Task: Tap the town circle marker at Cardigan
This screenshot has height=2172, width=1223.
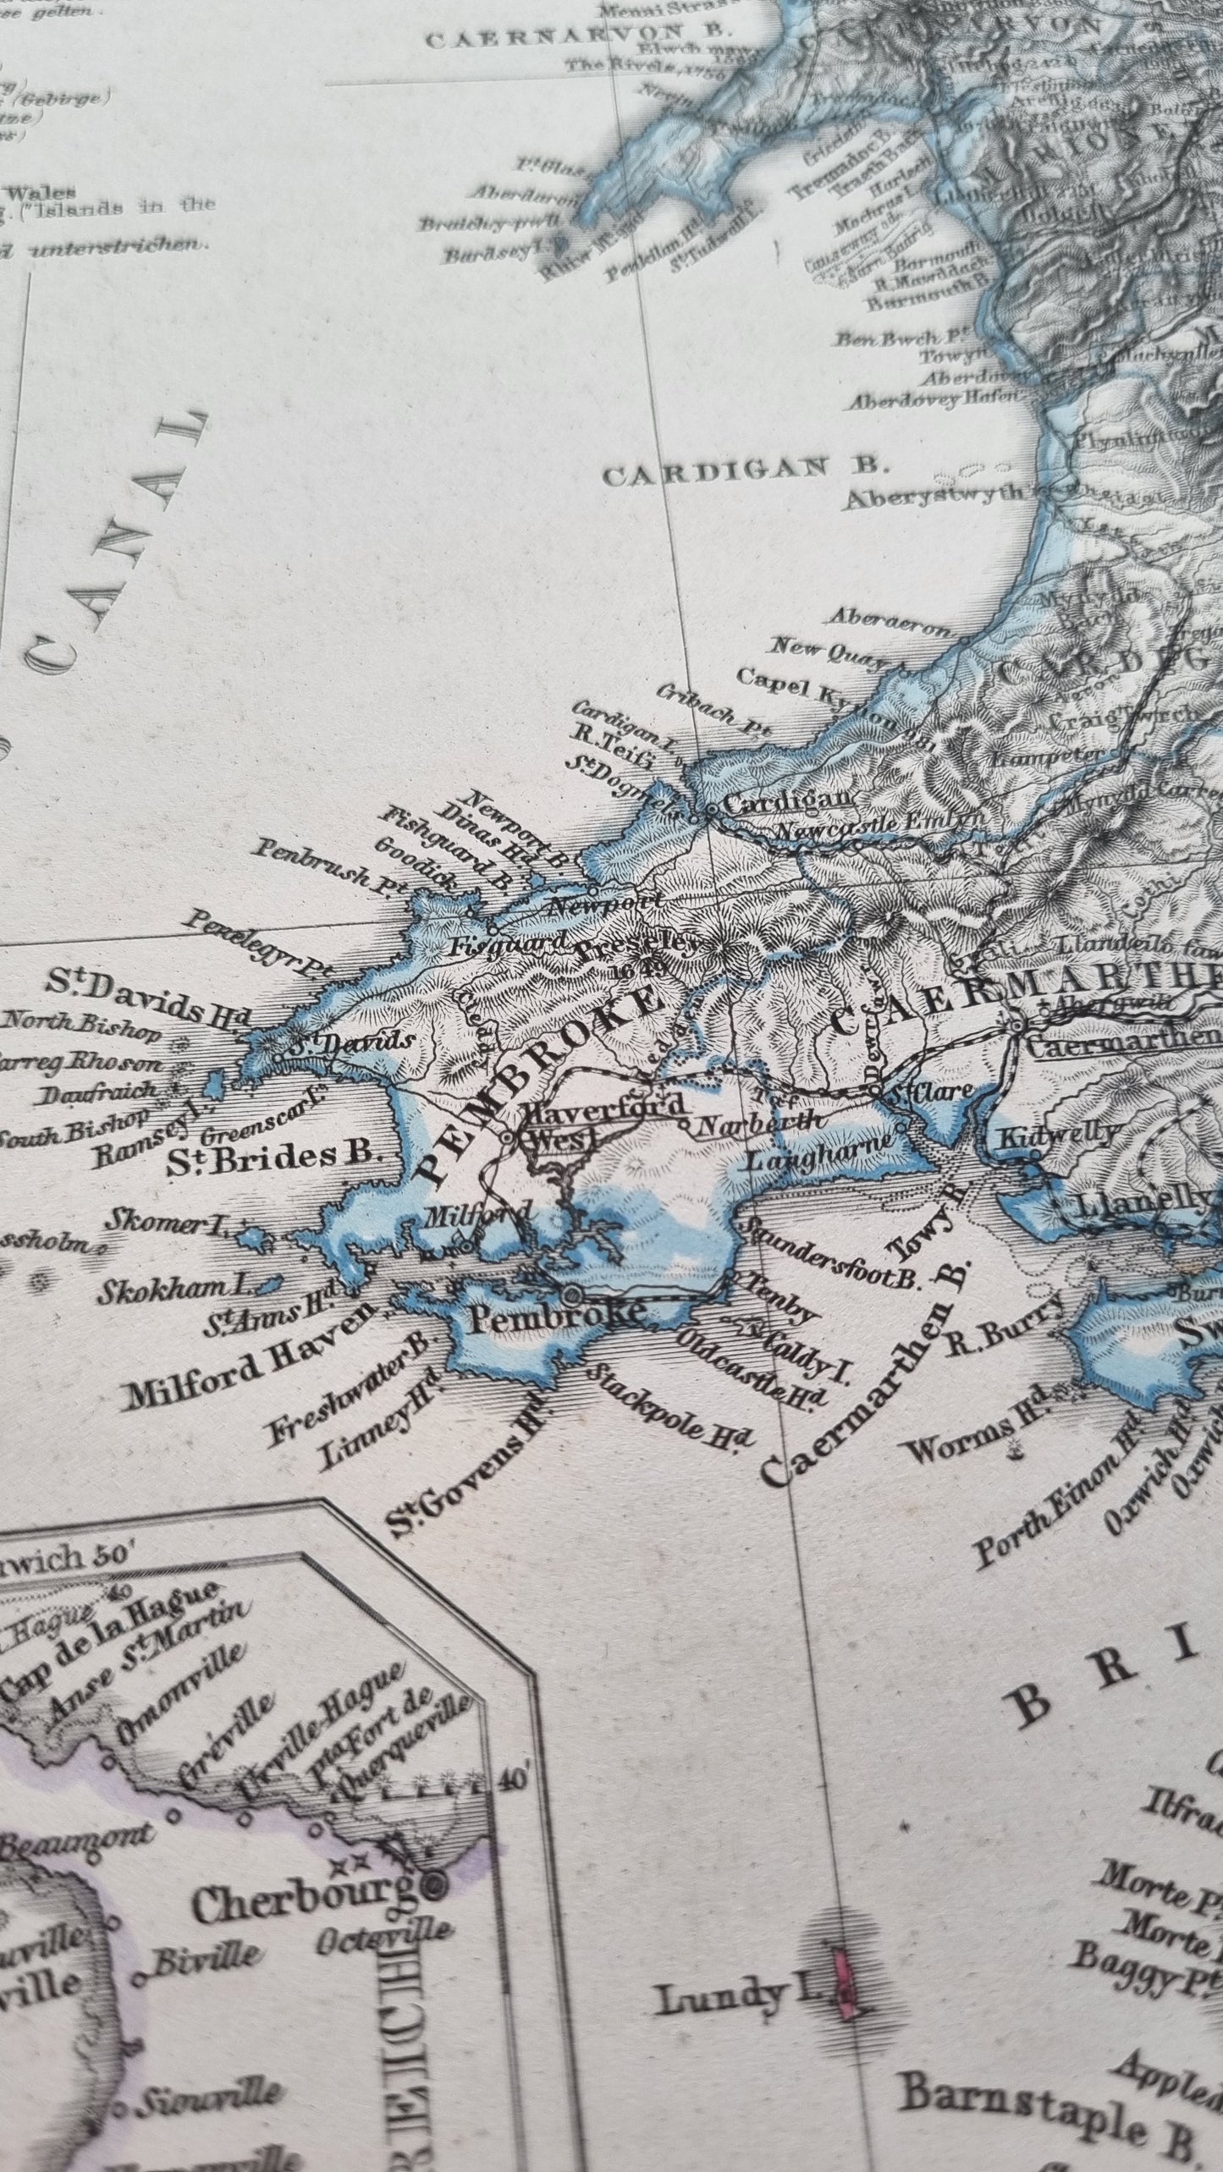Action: pyautogui.click(x=712, y=810)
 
